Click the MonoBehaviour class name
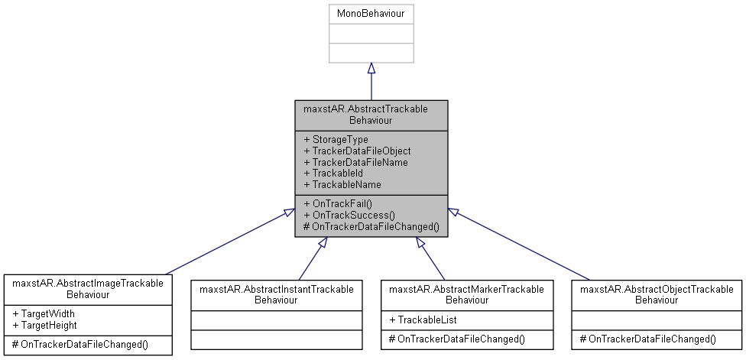[x=371, y=14]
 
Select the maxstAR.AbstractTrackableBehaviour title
[x=371, y=115]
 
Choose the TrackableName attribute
[x=342, y=185]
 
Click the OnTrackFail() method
[x=337, y=203]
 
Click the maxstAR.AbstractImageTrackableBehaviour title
[x=87, y=288]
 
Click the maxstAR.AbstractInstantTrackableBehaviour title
[x=276, y=294]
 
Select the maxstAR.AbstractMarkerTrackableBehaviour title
[x=466, y=294]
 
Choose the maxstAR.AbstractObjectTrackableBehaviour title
[x=657, y=294]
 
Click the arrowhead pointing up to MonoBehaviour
[x=371, y=69]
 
